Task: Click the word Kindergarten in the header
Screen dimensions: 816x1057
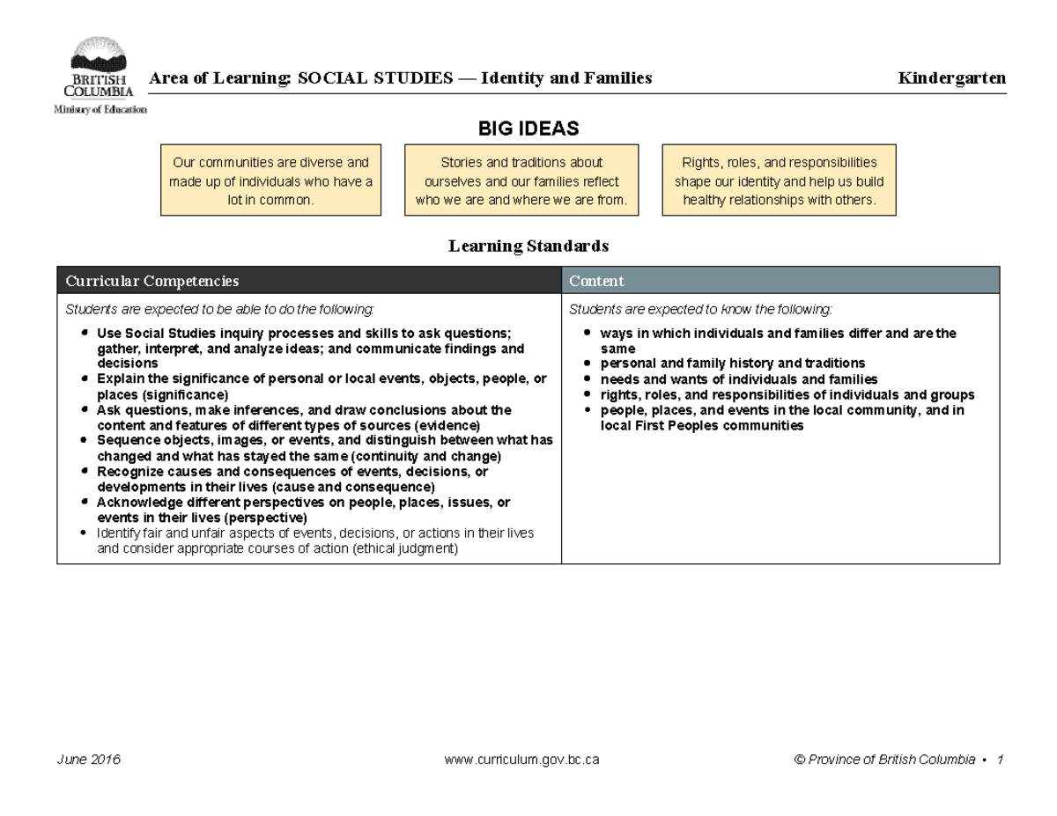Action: (x=951, y=78)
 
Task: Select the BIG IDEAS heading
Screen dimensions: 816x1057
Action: (x=528, y=129)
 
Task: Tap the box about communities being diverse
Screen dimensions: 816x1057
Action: (x=270, y=181)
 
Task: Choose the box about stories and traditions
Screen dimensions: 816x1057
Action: (x=521, y=181)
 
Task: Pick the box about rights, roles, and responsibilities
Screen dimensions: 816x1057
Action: (x=779, y=181)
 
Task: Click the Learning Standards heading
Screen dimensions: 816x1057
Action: (x=528, y=246)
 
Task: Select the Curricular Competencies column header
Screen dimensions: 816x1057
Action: (x=152, y=281)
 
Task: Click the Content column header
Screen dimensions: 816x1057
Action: (x=596, y=281)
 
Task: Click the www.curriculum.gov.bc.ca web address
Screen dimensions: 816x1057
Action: (x=523, y=760)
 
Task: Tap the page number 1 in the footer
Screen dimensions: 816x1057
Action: (x=1001, y=760)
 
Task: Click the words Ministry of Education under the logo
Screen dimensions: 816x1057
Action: (x=100, y=110)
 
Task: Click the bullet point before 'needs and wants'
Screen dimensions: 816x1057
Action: (x=588, y=379)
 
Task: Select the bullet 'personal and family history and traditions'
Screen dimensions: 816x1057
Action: (x=732, y=364)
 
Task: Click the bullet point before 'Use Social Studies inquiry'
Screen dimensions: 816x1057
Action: (x=83, y=334)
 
